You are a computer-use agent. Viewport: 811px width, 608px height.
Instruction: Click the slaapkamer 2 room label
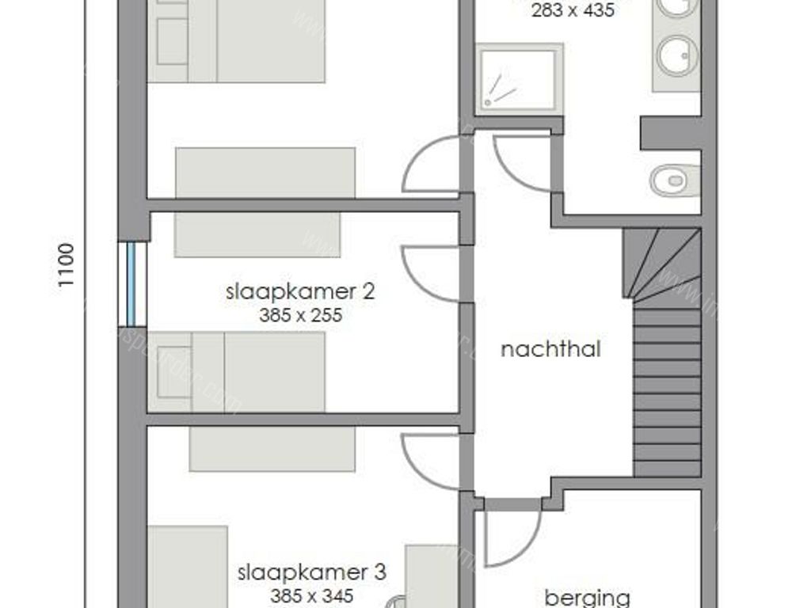click(300, 291)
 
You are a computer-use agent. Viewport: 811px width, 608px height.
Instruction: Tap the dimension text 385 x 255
click(300, 315)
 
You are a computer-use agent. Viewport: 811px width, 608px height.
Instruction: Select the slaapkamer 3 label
click(312, 572)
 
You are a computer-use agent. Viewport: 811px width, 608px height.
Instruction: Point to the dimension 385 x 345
click(312, 595)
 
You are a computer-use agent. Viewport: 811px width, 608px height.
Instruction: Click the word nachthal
click(550, 349)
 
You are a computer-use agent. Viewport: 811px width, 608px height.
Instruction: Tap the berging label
click(587, 596)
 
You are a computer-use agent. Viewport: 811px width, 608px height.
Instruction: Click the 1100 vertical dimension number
click(67, 264)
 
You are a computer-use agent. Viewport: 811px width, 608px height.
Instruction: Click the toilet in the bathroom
click(674, 180)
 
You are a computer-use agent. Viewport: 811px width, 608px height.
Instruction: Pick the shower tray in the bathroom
click(519, 78)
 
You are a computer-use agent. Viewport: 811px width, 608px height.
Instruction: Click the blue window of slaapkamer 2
click(136, 283)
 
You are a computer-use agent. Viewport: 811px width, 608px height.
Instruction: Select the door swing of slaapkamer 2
click(429, 273)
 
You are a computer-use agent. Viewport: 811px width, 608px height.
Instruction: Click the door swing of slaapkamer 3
click(429, 461)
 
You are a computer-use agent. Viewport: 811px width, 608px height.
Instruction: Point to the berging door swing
click(511, 534)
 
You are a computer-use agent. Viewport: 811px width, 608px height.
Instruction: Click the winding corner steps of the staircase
click(664, 263)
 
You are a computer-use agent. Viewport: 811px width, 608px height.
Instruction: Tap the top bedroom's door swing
click(429, 165)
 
